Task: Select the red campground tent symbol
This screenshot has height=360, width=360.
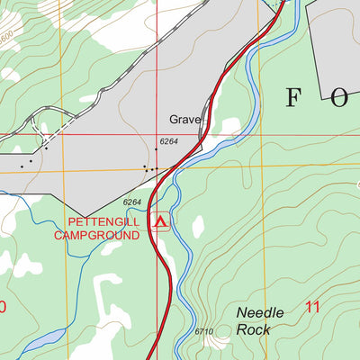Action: point(161,220)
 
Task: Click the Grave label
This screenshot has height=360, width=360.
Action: point(184,119)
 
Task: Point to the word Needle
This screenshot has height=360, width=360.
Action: point(260,312)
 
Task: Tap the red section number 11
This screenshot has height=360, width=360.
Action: point(312,307)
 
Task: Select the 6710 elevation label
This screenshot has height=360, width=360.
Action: point(203,332)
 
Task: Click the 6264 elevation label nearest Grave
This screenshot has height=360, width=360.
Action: point(169,141)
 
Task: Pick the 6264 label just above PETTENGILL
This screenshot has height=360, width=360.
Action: point(132,202)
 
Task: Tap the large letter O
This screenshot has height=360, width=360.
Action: point(339,98)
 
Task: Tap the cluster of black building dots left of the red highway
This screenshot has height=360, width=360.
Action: point(149,167)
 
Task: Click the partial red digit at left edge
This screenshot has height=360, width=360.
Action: point(3,307)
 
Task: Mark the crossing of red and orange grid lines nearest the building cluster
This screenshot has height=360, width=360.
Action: point(157,167)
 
